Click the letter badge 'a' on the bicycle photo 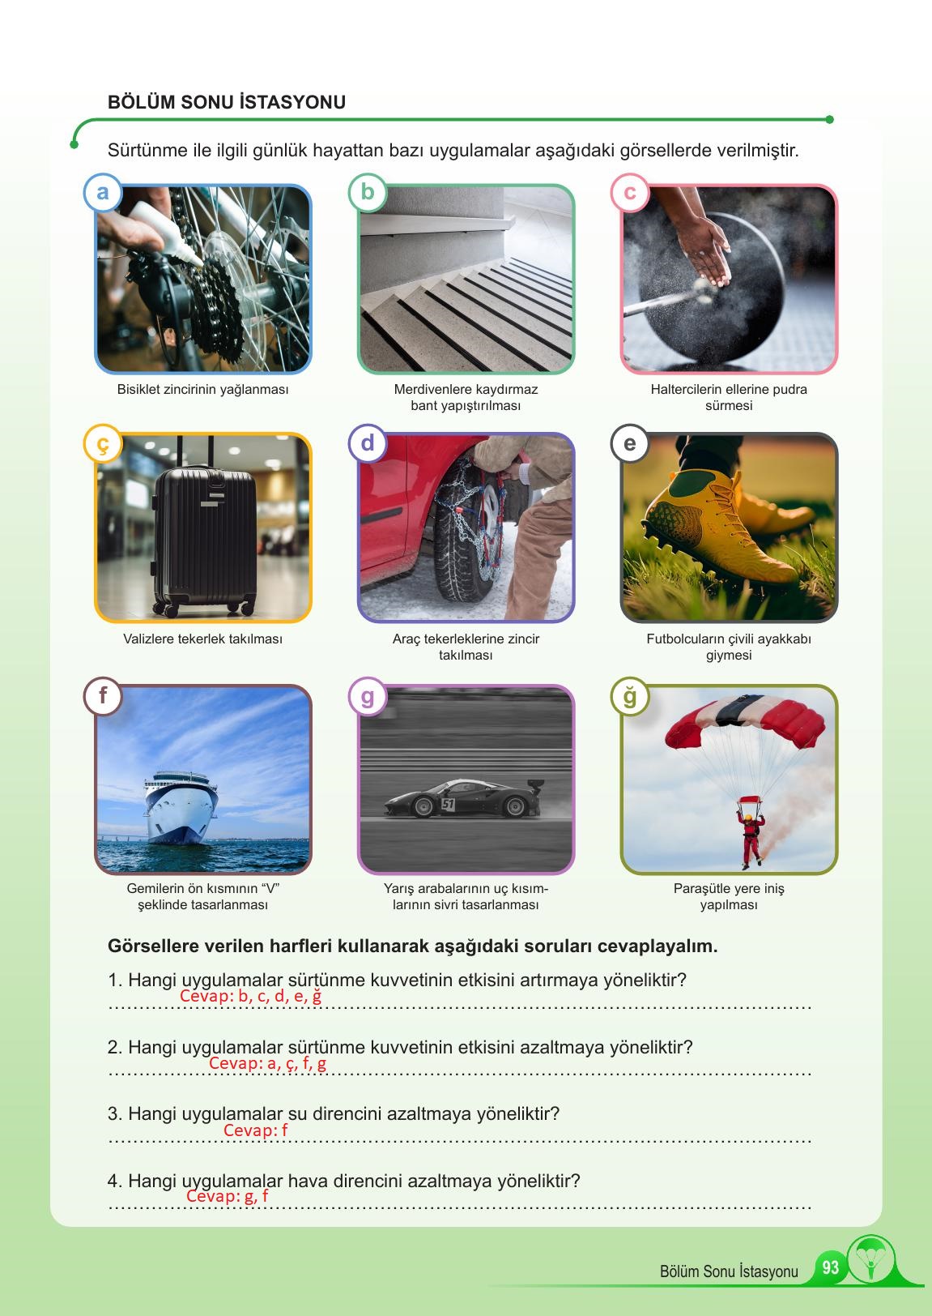(103, 192)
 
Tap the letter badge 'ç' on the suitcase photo (103, 443)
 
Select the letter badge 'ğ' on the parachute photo (629, 696)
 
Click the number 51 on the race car (448, 804)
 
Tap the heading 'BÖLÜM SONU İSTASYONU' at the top (227, 102)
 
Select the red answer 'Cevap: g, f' (228, 1196)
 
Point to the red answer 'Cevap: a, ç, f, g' (268, 1063)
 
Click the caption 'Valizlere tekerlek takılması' (202, 639)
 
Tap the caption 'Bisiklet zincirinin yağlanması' (202, 389)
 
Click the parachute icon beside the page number (871, 1259)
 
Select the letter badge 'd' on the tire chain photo (367, 443)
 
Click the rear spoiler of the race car (534, 785)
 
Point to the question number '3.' (115, 1114)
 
